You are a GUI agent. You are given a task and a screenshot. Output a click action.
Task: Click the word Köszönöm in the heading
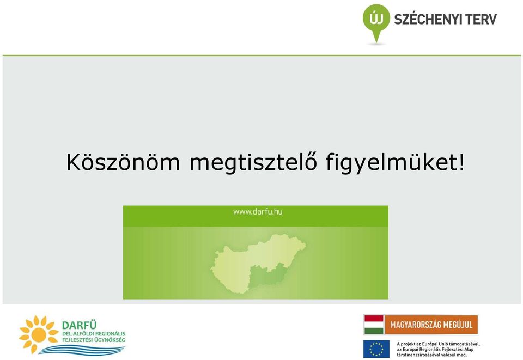tap(123, 162)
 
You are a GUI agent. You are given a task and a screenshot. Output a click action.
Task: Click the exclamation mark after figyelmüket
tap(461, 162)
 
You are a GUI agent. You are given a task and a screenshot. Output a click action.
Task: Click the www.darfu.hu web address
tap(258, 212)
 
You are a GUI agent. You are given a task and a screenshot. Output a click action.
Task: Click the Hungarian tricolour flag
tap(374, 325)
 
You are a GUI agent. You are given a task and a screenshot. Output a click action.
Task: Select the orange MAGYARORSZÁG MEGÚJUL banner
tap(431, 325)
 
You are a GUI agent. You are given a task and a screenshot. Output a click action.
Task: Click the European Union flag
tap(376, 349)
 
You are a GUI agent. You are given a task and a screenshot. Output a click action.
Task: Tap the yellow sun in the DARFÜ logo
tap(39, 334)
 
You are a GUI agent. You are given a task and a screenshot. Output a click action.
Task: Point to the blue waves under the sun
tap(82, 350)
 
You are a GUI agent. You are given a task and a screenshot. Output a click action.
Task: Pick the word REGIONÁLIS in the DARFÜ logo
tap(110, 334)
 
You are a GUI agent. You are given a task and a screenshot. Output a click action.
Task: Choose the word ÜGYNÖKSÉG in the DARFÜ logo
tap(110, 340)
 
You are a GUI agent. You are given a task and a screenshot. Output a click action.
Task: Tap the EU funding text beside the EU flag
tap(438, 349)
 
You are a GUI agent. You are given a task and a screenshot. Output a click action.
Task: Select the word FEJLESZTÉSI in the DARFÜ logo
tap(77, 340)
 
